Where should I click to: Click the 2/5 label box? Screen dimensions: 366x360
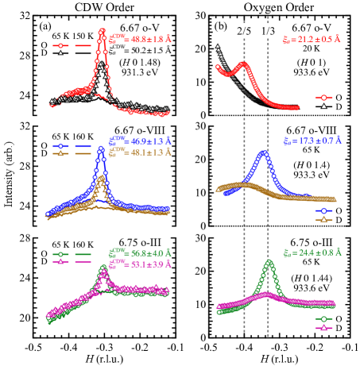[244, 31]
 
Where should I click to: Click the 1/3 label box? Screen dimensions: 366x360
[268, 31]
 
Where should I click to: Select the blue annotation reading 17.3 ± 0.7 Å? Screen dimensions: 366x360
[312, 141]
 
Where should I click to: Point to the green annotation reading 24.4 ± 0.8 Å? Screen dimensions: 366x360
[312, 252]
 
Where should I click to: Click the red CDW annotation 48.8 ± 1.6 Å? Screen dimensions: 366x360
[140, 38]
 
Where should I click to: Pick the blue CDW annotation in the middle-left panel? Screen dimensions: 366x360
[140, 141]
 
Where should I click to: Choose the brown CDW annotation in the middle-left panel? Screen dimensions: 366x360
[140, 152]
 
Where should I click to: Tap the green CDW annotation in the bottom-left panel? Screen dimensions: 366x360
[140, 255]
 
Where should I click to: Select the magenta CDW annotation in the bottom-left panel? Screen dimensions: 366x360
[140, 264]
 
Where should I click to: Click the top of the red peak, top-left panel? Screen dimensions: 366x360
[102, 32]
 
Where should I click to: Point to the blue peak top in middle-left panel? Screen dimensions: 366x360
[101, 148]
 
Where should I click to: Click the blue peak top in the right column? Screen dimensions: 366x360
[264, 153]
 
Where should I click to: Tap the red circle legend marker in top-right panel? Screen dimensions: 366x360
[323, 98]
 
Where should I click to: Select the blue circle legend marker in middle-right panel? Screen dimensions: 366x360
[323, 211]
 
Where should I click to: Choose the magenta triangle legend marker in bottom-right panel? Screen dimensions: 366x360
[323, 327]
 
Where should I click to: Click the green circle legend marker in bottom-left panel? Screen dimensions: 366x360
[60, 255]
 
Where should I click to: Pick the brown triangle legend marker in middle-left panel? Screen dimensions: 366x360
[60, 153]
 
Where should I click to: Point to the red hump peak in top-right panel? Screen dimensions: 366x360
[242, 64]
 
